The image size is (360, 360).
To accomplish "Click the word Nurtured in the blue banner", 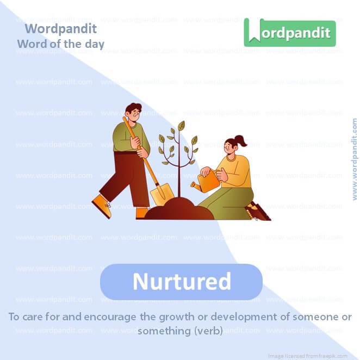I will pyautogui.click(x=182, y=282).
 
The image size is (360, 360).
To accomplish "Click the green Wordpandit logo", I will pyautogui.click(x=289, y=32).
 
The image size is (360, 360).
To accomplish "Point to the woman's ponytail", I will pyautogui.click(x=240, y=141).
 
